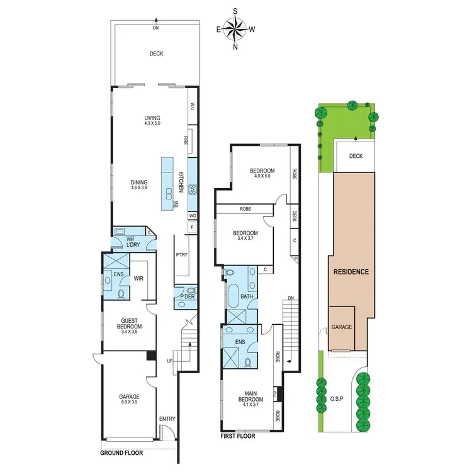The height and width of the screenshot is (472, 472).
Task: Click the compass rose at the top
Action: (x=235, y=28)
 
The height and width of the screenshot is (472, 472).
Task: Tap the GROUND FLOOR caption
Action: (x=121, y=452)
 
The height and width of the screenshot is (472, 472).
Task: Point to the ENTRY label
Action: (x=168, y=419)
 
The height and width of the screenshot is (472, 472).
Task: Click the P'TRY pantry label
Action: (x=183, y=255)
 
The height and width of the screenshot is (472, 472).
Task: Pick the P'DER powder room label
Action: (x=187, y=296)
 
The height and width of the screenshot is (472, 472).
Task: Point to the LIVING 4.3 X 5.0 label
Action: (x=152, y=120)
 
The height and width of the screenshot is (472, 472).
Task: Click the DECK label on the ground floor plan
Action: (x=156, y=53)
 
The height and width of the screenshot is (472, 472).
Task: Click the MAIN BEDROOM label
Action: (x=245, y=401)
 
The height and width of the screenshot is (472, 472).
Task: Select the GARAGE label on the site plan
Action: (x=342, y=327)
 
